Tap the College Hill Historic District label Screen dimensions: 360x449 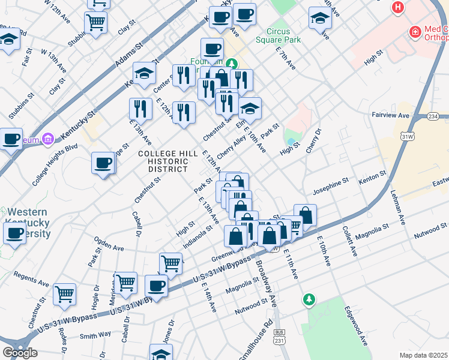168,161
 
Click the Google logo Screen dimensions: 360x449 20,353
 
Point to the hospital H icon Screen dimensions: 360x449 397,8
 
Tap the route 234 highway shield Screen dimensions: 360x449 433,115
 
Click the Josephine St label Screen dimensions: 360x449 331,181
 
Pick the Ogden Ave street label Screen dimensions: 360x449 109,247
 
